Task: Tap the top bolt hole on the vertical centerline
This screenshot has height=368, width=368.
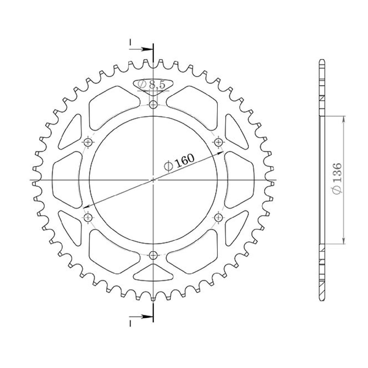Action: point(153,104)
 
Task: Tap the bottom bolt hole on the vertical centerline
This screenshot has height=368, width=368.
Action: point(153,255)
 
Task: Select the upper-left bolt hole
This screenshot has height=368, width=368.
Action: point(88,142)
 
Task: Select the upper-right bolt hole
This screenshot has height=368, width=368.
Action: point(219,142)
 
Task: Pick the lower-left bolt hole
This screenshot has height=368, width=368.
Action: point(88,217)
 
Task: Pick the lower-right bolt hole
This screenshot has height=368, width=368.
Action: point(219,217)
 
